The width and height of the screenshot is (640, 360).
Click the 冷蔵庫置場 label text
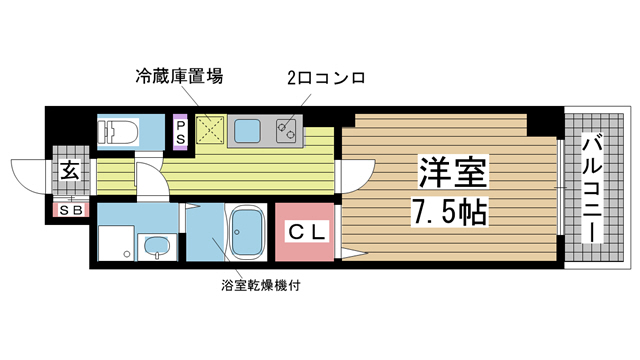pyautogui.click(x=179, y=75)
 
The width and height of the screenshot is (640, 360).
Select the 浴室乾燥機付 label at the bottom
pyautogui.click(x=262, y=285)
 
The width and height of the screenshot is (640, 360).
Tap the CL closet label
pyautogui.click(x=307, y=232)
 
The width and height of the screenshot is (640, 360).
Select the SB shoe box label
pyautogui.click(x=70, y=210)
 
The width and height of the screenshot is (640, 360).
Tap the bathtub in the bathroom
pyautogui.click(x=244, y=234)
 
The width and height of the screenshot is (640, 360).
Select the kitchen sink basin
pyautogui.click(x=247, y=128)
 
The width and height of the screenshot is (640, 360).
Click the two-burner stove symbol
pyautogui.click(x=286, y=129)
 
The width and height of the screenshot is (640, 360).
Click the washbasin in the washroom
pyautogui.click(x=157, y=247)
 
